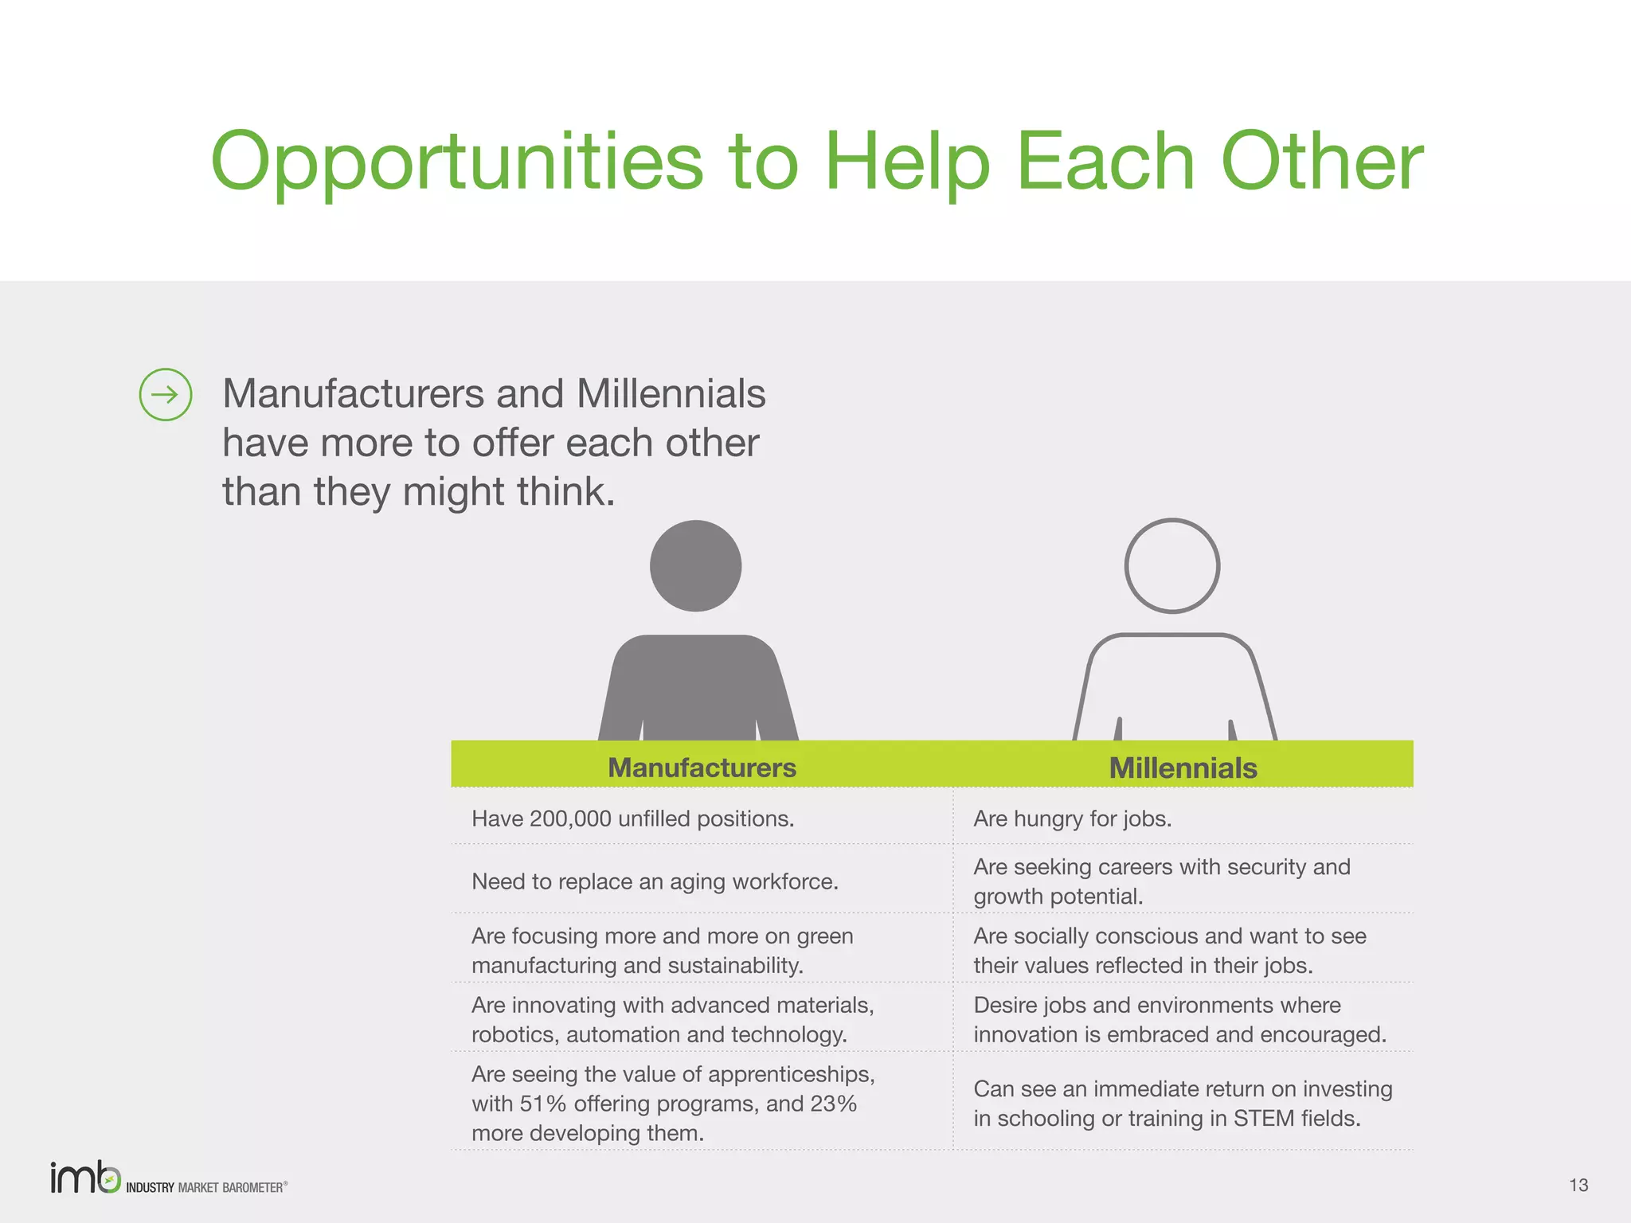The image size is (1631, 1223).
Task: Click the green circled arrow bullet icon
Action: click(166, 394)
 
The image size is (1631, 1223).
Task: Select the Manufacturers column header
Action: click(702, 768)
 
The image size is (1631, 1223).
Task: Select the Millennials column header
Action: click(1183, 768)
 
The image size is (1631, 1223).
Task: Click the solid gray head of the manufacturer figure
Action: click(695, 566)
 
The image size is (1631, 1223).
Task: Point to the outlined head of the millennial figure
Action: click(1171, 566)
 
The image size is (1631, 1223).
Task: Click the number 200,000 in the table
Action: click(570, 819)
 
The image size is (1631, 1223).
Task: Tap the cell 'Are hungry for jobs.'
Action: click(1072, 819)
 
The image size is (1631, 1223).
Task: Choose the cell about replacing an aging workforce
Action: click(655, 881)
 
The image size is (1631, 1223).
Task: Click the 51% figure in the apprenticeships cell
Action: click(543, 1104)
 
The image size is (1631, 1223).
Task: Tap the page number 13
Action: click(1578, 1185)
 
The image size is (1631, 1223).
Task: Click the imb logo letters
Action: click(84, 1178)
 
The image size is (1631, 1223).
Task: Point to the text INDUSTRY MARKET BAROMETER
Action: click(205, 1187)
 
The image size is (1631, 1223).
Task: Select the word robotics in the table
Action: click(515, 1034)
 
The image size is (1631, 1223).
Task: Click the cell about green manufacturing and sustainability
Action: click(662, 950)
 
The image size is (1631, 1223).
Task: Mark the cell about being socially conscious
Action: click(1169, 950)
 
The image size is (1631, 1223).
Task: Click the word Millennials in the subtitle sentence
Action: click(671, 393)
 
